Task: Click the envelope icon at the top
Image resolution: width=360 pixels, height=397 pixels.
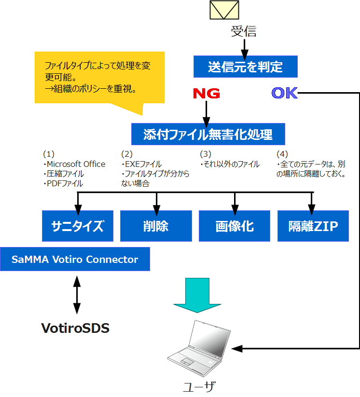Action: point(224,10)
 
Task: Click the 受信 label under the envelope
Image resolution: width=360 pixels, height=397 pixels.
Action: point(244,32)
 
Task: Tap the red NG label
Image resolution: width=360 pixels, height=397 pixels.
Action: point(207,93)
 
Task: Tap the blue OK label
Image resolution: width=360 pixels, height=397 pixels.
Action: point(285,93)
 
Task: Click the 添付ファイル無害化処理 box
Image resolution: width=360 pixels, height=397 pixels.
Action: point(208,134)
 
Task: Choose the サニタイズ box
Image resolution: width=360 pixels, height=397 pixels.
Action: point(78,226)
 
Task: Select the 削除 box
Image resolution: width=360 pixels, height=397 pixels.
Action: point(156,226)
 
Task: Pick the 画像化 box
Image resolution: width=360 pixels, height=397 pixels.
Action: point(235,226)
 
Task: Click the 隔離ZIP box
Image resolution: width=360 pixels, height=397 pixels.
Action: point(313,226)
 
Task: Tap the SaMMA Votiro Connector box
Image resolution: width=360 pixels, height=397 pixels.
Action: point(75,260)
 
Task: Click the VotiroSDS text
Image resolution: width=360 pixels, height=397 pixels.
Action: point(75,329)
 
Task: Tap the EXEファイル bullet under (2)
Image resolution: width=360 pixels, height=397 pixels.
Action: point(143,164)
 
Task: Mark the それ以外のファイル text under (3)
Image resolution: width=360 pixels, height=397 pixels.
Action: point(231,164)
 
